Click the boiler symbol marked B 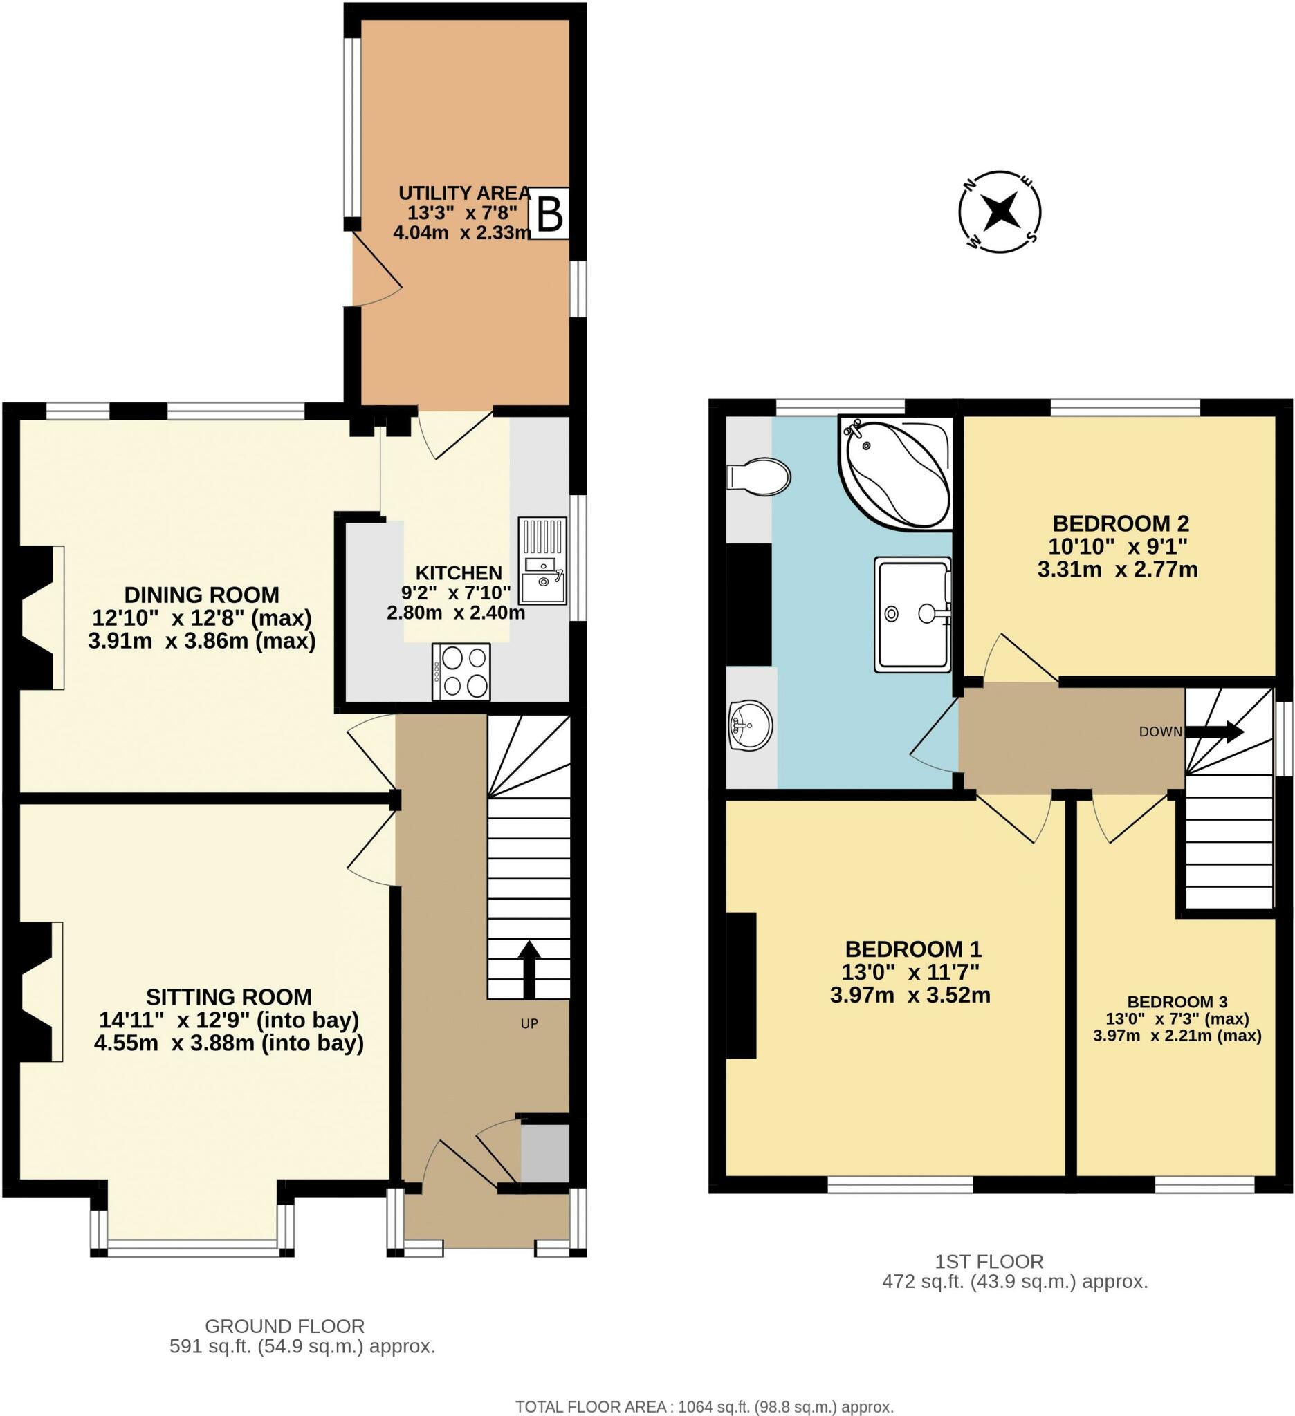coord(548,214)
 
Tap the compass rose coord(1000,212)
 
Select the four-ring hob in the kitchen coord(461,671)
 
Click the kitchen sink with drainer coord(542,560)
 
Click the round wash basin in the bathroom coord(751,725)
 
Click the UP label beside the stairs coord(529,1023)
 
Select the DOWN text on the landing coord(1160,732)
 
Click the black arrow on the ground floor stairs coord(529,969)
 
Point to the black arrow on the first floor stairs coord(1214,732)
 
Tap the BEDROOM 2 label coord(1120,523)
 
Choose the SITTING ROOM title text coord(229,997)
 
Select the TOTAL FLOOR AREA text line coord(705,1404)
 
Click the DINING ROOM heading coord(202,595)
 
